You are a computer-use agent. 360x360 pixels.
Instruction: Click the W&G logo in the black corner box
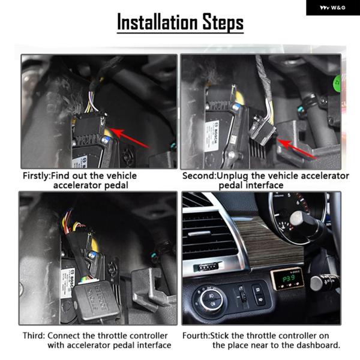(332, 8)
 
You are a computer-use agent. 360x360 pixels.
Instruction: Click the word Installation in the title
(157, 22)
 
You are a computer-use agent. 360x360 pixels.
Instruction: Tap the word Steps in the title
(223, 22)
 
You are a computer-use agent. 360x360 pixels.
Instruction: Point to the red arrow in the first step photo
(129, 138)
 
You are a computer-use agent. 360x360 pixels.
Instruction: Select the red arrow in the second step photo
(297, 149)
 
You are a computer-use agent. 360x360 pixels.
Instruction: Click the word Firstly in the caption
(36, 176)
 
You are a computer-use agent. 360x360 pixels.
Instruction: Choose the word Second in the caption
(199, 176)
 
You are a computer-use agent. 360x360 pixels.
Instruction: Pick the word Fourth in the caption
(196, 335)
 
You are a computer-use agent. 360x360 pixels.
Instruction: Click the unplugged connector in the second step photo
(262, 130)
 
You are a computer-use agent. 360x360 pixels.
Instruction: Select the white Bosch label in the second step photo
(212, 136)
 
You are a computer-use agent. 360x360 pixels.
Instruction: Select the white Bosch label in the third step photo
(68, 283)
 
